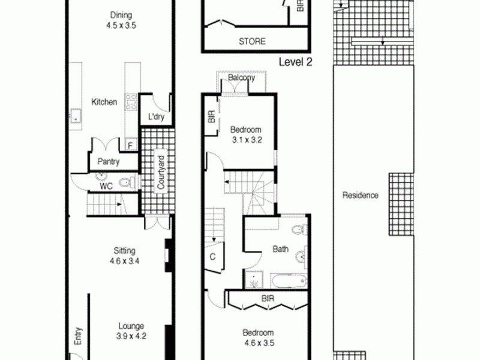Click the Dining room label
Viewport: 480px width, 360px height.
pyautogui.click(x=121, y=16)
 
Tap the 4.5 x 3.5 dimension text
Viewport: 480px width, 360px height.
pyautogui.click(x=121, y=25)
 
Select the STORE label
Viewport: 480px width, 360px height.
pyautogui.click(x=252, y=41)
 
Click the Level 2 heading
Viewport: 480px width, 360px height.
pyautogui.click(x=295, y=62)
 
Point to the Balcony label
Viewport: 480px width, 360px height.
pyautogui.click(x=242, y=77)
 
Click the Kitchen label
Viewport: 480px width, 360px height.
pyautogui.click(x=104, y=102)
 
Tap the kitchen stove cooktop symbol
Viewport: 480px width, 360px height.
pyautogui.click(x=131, y=103)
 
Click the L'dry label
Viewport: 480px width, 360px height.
pyautogui.click(x=156, y=117)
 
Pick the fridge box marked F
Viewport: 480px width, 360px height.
pyautogui.click(x=130, y=145)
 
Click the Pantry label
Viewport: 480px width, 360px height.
pyautogui.click(x=109, y=161)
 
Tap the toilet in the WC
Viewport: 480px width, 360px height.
pyautogui.click(x=127, y=183)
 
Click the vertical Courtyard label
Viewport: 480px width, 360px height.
pyautogui.click(x=161, y=172)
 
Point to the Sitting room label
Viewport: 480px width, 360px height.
pyautogui.click(x=124, y=251)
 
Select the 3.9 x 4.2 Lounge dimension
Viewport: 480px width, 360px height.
pyautogui.click(x=131, y=336)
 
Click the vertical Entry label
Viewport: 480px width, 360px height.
pyautogui.click(x=79, y=336)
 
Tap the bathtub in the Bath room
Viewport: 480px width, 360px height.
pyautogui.click(x=289, y=281)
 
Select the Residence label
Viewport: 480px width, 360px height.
pyautogui.click(x=361, y=196)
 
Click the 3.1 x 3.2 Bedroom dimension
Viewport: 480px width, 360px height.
pyautogui.click(x=247, y=140)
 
